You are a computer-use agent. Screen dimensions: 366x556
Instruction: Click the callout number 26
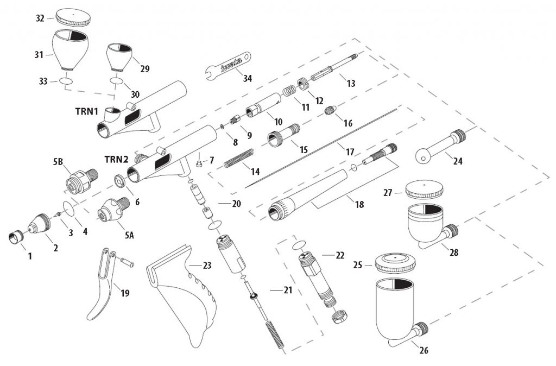coord(424,350)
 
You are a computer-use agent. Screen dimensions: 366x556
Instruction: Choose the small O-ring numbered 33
coord(66,81)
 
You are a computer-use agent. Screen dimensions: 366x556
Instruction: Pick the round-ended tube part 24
coord(440,147)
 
